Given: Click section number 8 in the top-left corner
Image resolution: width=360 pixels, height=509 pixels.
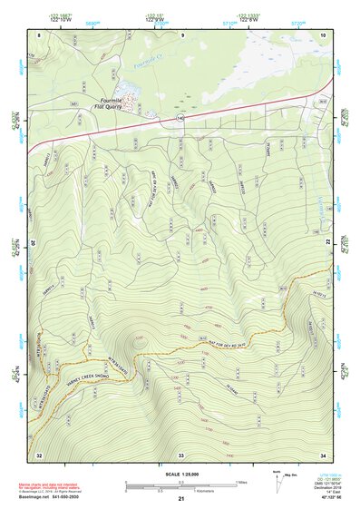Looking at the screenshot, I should [40, 34].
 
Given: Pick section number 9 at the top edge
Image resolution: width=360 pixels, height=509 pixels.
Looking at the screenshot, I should [182, 34].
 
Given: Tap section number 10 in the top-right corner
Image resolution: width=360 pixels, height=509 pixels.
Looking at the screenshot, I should [323, 34].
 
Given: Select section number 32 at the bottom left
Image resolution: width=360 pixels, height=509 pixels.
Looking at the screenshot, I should [39, 454].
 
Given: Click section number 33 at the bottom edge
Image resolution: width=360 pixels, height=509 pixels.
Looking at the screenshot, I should [180, 454].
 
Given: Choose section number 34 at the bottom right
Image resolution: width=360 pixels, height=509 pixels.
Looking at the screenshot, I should [323, 454].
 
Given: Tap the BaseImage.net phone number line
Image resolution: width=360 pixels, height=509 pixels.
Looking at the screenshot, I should [53, 496].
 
